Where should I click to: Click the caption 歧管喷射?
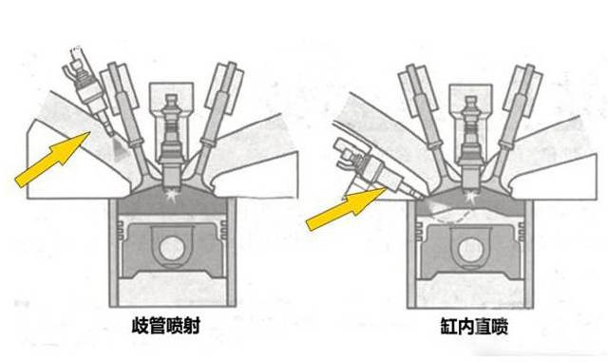[x=166, y=326]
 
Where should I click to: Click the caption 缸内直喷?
[x=474, y=326]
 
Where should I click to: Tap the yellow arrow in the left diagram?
[x=53, y=160]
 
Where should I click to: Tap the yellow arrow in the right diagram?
[x=346, y=209]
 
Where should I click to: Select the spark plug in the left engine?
[x=172, y=140]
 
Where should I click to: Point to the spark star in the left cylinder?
[x=171, y=195]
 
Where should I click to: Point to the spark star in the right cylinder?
[x=471, y=197]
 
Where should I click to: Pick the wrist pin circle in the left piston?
[x=173, y=248]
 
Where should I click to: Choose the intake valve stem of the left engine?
[x=128, y=121]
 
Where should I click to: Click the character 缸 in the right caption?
[x=448, y=326]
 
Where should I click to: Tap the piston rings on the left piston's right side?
[x=224, y=230]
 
